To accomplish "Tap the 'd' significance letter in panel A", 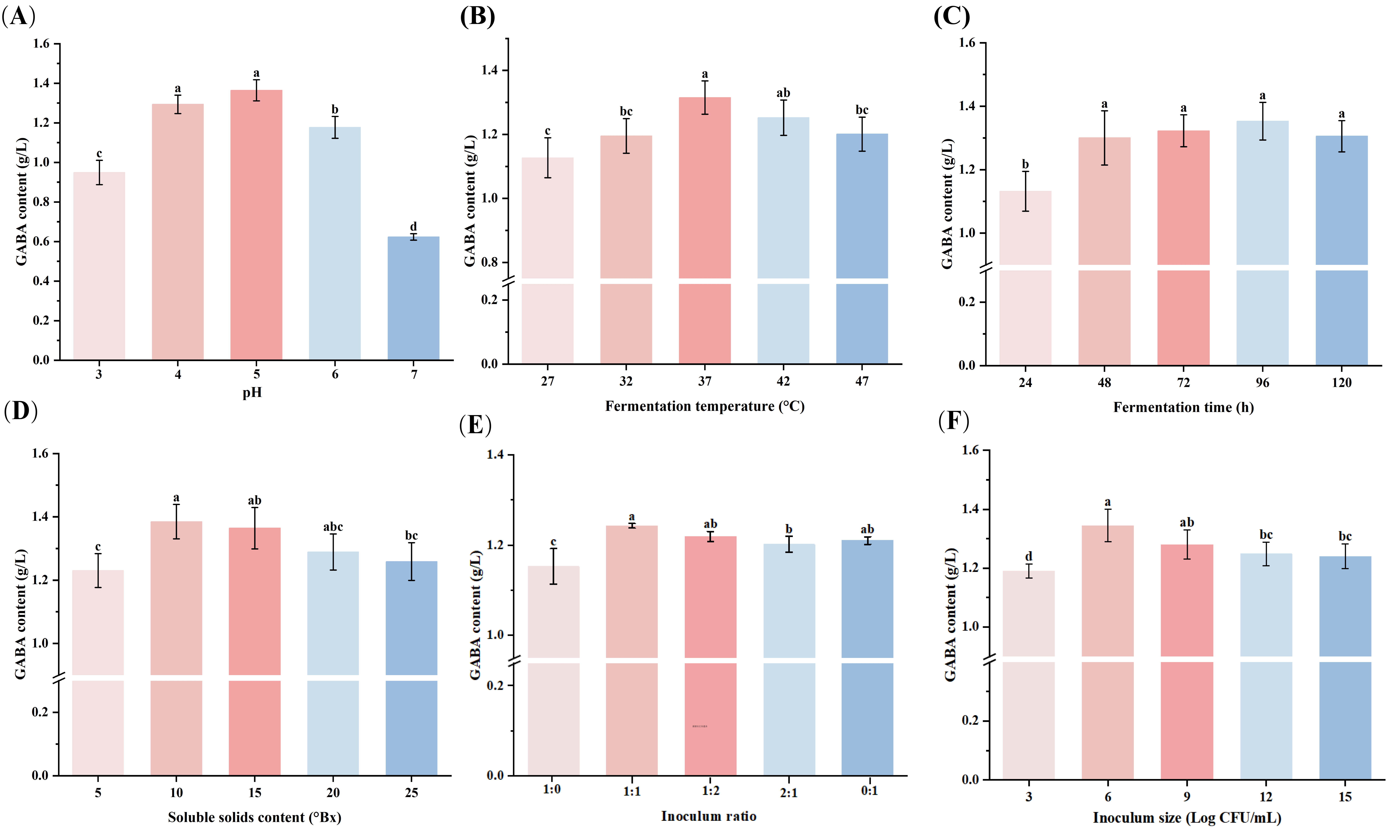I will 413,226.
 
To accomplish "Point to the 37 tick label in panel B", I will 705,381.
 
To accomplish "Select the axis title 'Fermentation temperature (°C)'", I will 705,406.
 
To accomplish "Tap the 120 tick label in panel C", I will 1342,383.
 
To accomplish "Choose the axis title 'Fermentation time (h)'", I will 1183,407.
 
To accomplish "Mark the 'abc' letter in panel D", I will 333,527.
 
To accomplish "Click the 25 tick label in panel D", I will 411,793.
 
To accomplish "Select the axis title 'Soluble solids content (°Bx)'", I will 254,817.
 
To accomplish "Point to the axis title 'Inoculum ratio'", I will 708,816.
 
